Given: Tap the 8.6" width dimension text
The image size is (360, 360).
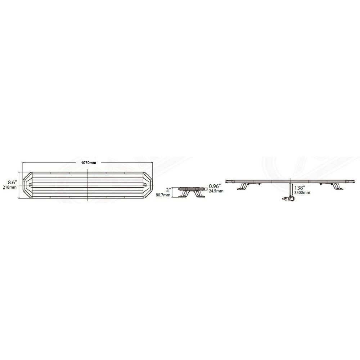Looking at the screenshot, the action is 12,183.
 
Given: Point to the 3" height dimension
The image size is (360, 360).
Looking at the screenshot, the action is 169,190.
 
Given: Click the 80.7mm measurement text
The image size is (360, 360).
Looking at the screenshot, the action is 163,195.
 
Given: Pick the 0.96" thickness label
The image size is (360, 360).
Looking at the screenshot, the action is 215,186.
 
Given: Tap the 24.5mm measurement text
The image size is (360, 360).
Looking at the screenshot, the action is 216,191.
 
